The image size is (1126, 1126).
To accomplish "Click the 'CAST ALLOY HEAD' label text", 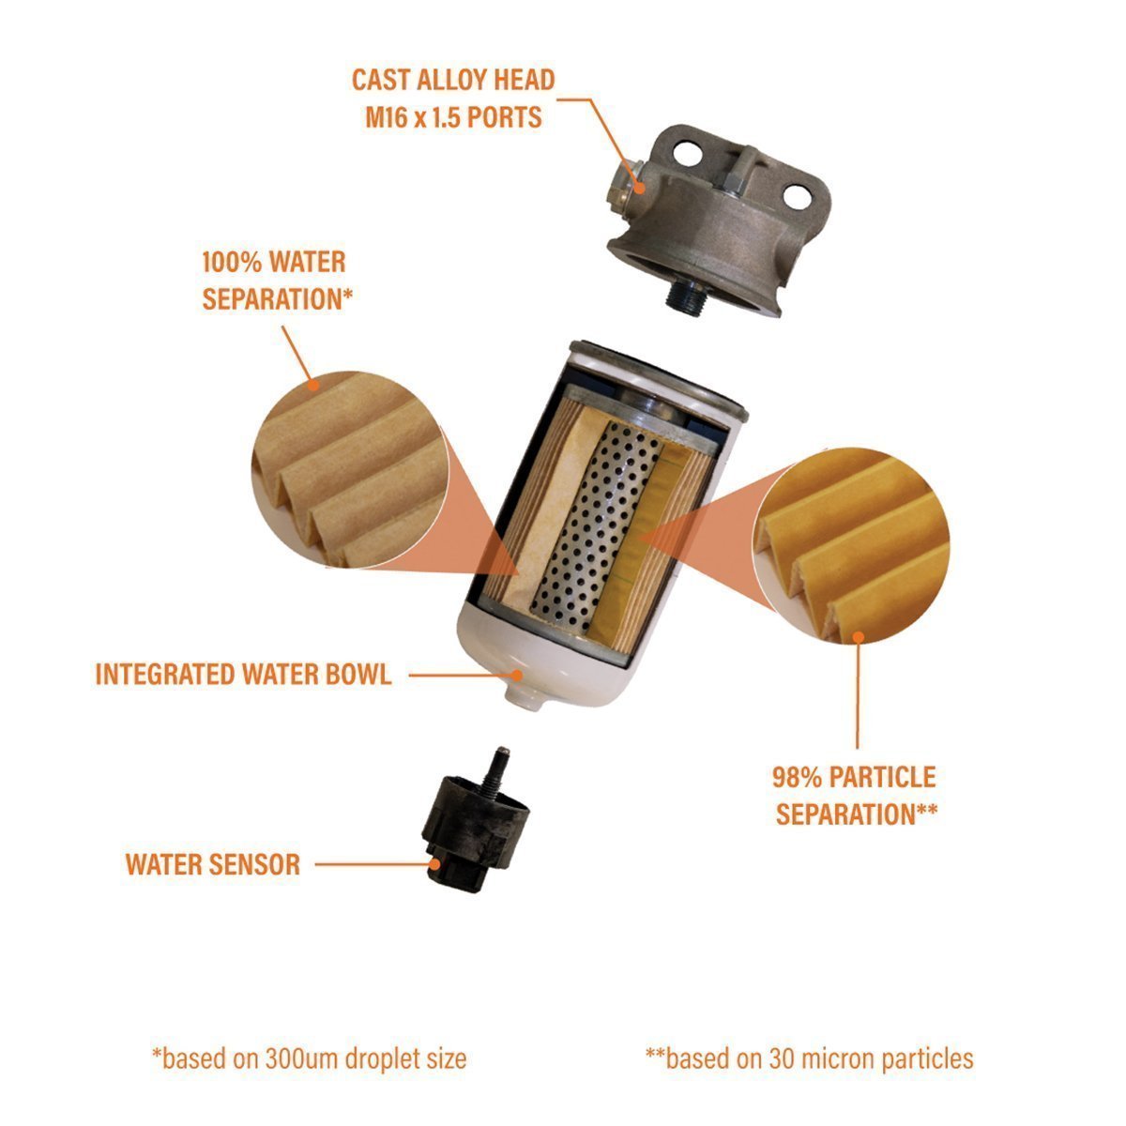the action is click(x=453, y=80).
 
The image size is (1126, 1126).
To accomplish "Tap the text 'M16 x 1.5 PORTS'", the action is click(x=453, y=117).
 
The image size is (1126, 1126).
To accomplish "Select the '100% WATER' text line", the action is click(x=273, y=262).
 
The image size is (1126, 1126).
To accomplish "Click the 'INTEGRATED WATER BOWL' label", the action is click(x=243, y=675).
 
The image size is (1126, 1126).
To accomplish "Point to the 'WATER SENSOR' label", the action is click(x=213, y=864).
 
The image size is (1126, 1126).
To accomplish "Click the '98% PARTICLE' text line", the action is click(x=854, y=777).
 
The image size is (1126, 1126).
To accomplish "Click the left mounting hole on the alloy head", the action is click(x=687, y=153).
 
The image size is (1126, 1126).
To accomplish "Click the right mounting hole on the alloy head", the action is click(x=797, y=196).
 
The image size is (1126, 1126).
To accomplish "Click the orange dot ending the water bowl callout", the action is click(x=516, y=676).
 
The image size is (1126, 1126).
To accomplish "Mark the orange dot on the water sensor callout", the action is click(x=434, y=864).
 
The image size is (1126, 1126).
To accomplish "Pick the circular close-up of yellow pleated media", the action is click(x=851, y=546).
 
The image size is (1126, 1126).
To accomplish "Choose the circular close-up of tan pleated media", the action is click(x=350, y=469).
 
